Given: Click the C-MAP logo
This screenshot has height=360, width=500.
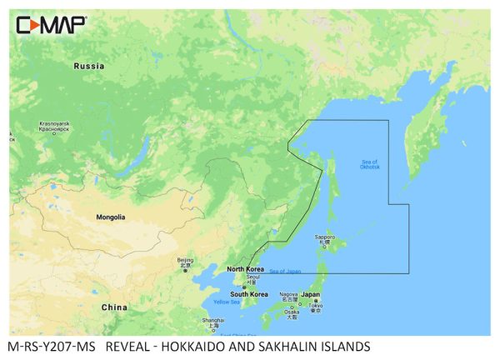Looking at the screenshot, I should [50, 25].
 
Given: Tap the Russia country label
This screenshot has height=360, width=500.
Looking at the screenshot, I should [88, 65].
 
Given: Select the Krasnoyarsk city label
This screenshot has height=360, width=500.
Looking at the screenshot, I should [54, 127].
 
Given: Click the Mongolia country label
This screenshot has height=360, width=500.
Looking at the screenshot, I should [110, 217].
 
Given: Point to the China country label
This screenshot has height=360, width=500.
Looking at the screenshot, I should [114, 307].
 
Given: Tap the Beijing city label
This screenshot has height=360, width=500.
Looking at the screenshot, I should [185, 262].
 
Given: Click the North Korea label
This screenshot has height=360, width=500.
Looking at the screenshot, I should [247, 269].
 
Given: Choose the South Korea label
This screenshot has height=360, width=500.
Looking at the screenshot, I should [249, 294].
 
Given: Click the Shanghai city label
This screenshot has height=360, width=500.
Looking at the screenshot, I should [213, 322].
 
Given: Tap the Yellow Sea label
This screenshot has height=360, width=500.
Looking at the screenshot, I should [227, 302].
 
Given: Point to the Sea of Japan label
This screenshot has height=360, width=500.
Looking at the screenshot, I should [286, 272].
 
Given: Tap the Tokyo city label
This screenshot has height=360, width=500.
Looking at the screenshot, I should [315, 306].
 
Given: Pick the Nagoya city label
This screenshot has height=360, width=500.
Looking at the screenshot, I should [288, 295].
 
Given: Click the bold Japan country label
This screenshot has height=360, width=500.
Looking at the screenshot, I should [310, 294].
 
